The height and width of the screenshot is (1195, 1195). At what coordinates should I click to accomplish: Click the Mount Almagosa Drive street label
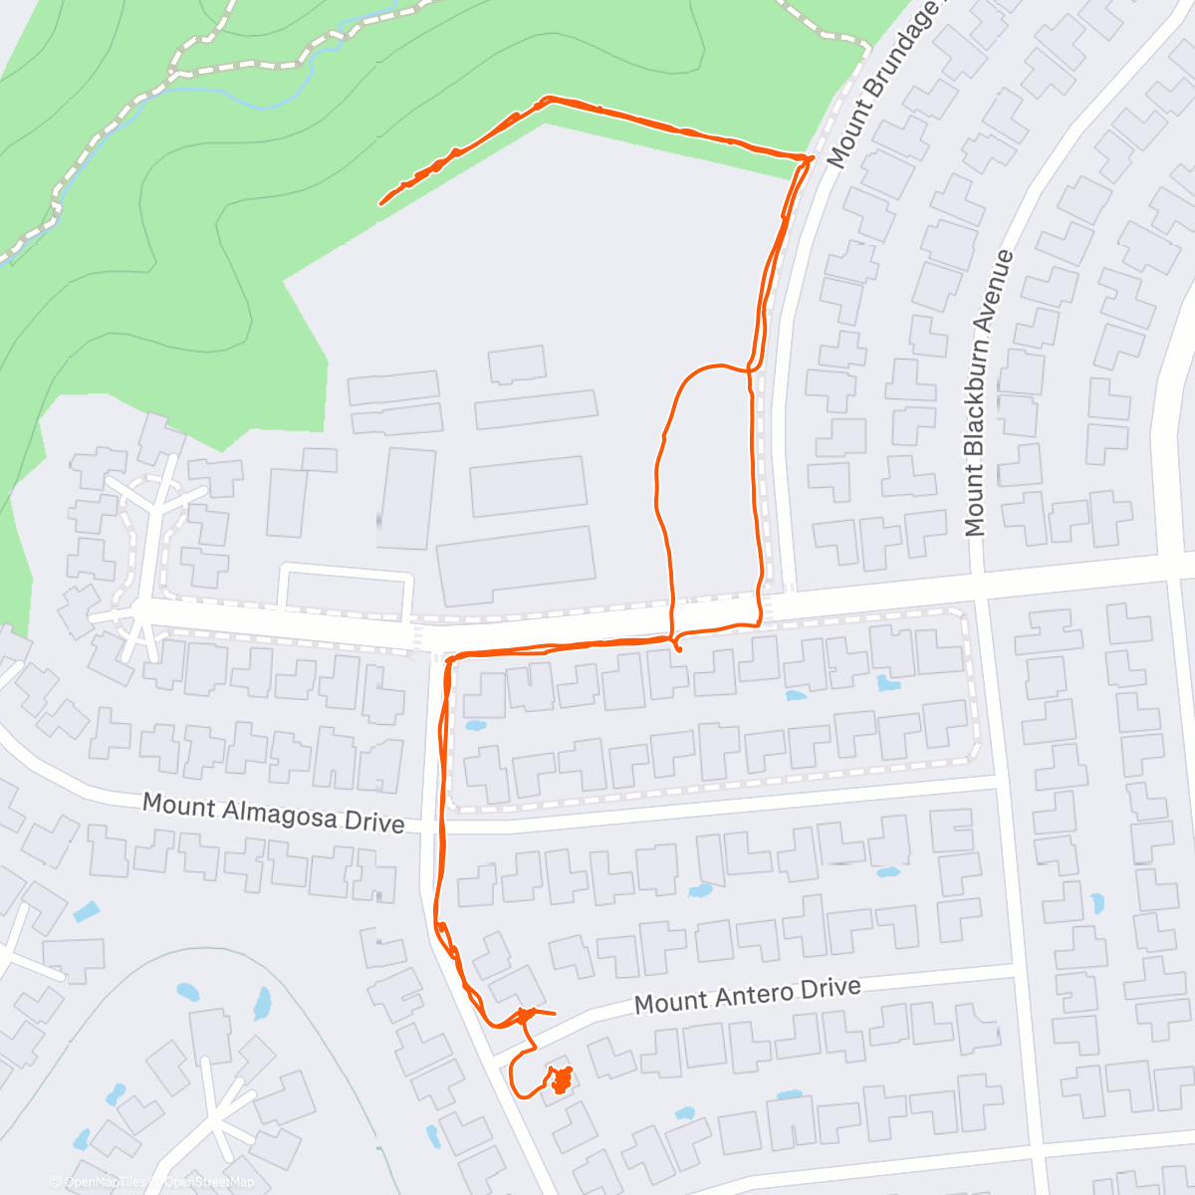click(x=274, y=813)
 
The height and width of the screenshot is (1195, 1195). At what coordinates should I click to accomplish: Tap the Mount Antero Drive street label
click(x=747, y=995)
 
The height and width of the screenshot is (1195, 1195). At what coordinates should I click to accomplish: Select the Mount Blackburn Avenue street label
click(x=988, y=393)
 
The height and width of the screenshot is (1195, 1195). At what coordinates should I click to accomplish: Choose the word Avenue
click(x=1000, y=290)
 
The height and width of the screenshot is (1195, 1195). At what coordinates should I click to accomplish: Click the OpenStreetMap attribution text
click(x=208, y=1182)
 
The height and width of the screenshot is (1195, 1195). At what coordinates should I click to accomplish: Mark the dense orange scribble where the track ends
click(x=562, y=1079)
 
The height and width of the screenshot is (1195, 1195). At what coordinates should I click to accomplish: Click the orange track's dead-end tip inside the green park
click(x=381, y=203)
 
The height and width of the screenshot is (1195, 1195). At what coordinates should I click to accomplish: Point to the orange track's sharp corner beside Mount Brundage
click(x=809, y=158)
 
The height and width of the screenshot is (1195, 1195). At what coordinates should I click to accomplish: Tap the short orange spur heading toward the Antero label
click(x=543, y=1014)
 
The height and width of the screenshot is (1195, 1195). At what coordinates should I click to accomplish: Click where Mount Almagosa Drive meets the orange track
click(x=440, y=826)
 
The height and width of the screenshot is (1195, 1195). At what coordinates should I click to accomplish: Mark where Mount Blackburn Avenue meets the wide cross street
click(x=979, y=579)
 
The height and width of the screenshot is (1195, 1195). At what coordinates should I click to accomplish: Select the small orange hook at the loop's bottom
click(x=678, y=646)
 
